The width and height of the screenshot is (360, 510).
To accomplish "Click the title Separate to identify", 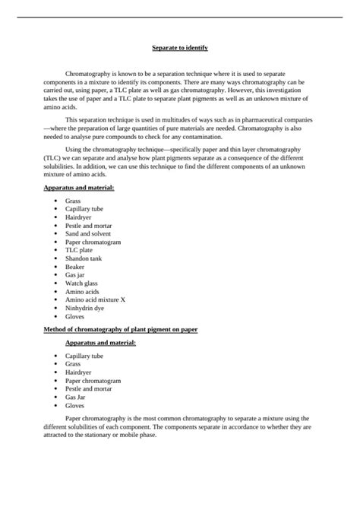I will [180, 47].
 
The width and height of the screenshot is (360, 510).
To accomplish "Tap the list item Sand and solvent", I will [87, 234].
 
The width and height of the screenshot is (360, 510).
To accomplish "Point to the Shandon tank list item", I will [84, 258].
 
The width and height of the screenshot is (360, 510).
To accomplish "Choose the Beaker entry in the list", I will [76, 267].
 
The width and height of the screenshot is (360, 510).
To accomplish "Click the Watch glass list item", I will [81, 283].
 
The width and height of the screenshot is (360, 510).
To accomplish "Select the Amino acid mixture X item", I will [95, 299].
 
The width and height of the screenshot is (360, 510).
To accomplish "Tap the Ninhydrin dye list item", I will [86, 308].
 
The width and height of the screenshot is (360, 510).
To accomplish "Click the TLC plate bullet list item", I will [79, 250].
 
